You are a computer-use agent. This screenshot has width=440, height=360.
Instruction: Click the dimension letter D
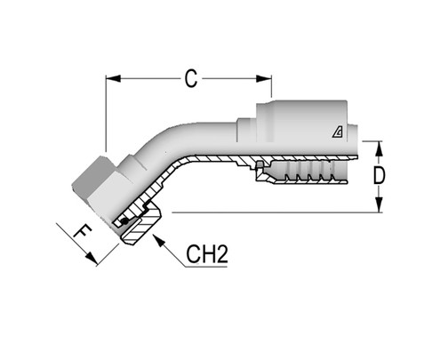(380, 176)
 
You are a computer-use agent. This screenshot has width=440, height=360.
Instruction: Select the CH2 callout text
(208, 255)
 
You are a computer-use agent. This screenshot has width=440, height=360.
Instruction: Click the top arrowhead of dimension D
(380, 145)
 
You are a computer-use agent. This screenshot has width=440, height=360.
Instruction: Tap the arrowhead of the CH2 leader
(158, 236)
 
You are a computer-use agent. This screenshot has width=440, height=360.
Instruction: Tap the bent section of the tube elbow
(169, 147)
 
